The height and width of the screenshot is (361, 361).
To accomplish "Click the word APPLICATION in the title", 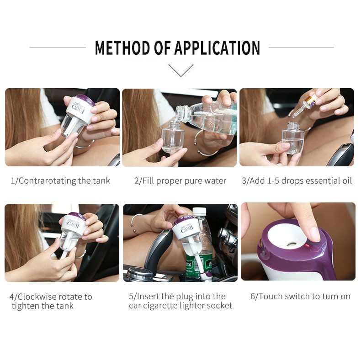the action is pyautogui.click(x=217, y=48).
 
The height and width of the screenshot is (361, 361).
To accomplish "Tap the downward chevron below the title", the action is pyautogui.click(x=181, y=70).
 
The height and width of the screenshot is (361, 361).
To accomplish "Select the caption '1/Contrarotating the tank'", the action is pyautogui.click(x=60, y=181).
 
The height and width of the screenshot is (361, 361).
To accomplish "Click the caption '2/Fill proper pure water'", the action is pyautogui.click(x=180, y=181).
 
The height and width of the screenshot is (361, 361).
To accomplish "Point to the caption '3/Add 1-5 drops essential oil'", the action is pyautogui.click(x=297, y=181).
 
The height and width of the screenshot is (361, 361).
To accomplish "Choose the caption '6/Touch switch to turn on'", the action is pyautogui.click(x=300, y=296).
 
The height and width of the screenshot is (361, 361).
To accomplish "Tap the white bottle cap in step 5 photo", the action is pyautogui.click(x=199, y=212).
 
